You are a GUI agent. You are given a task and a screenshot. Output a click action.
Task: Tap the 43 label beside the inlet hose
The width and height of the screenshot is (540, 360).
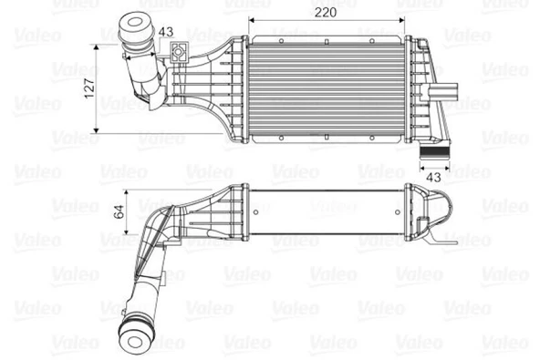pyautogui.click(x=165, y=34)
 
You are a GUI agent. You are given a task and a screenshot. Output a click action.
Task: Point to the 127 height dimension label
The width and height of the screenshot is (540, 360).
pyautogui.click(x=90, y=87)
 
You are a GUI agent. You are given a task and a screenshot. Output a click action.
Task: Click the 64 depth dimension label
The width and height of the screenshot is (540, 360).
pyautogui.click(x=119, y=214)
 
